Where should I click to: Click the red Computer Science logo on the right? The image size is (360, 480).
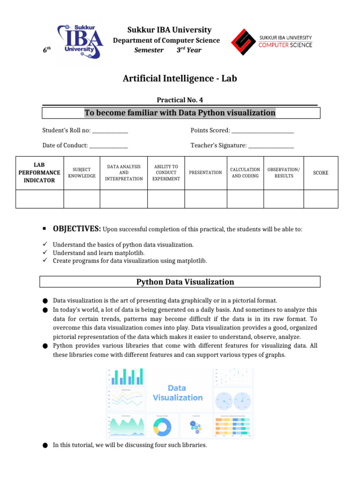[x=271, y=41]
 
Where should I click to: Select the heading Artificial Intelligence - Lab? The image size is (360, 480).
[x=180, y=78]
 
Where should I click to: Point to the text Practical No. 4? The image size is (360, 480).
[x=180, y=100]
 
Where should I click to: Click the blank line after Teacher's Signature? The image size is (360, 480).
[x=271, y=146]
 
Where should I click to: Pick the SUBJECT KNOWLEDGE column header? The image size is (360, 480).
[x=82, y=172]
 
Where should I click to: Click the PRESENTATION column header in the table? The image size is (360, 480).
[x=205, y=172]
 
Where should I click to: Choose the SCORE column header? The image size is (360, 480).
[x=321, y=172]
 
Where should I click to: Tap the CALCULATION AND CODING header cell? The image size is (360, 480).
[x=245, y=172]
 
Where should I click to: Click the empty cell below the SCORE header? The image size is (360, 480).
[x=321, y=199]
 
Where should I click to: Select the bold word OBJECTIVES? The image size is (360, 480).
[x=77, y=229]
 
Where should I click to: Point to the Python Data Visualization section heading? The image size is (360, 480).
[x=185, y=282]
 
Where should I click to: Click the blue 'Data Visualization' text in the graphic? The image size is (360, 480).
[x=178, y=393]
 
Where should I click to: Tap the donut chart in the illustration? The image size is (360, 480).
[x=162, y=426]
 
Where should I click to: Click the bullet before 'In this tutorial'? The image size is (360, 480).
[x=45, y=445]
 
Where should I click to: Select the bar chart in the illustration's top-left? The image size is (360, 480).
[x=126, y=377]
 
